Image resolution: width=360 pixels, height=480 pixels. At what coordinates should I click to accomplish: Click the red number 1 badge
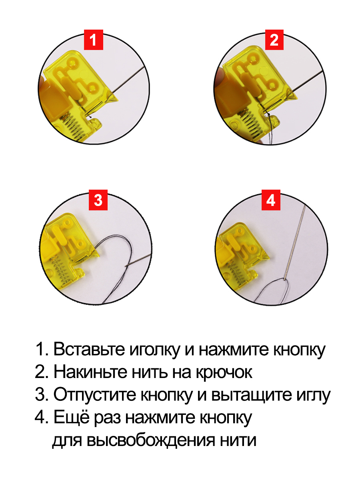[x=94, y=40]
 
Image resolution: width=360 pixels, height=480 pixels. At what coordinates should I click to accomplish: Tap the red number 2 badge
[x=274, y=40]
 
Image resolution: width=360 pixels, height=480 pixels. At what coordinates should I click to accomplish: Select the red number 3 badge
[x=98, y=200]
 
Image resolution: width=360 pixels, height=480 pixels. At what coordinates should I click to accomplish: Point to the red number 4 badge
[x=271, y=200]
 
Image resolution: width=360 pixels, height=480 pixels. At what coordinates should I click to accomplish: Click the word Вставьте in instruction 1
[x=89, y=349]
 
